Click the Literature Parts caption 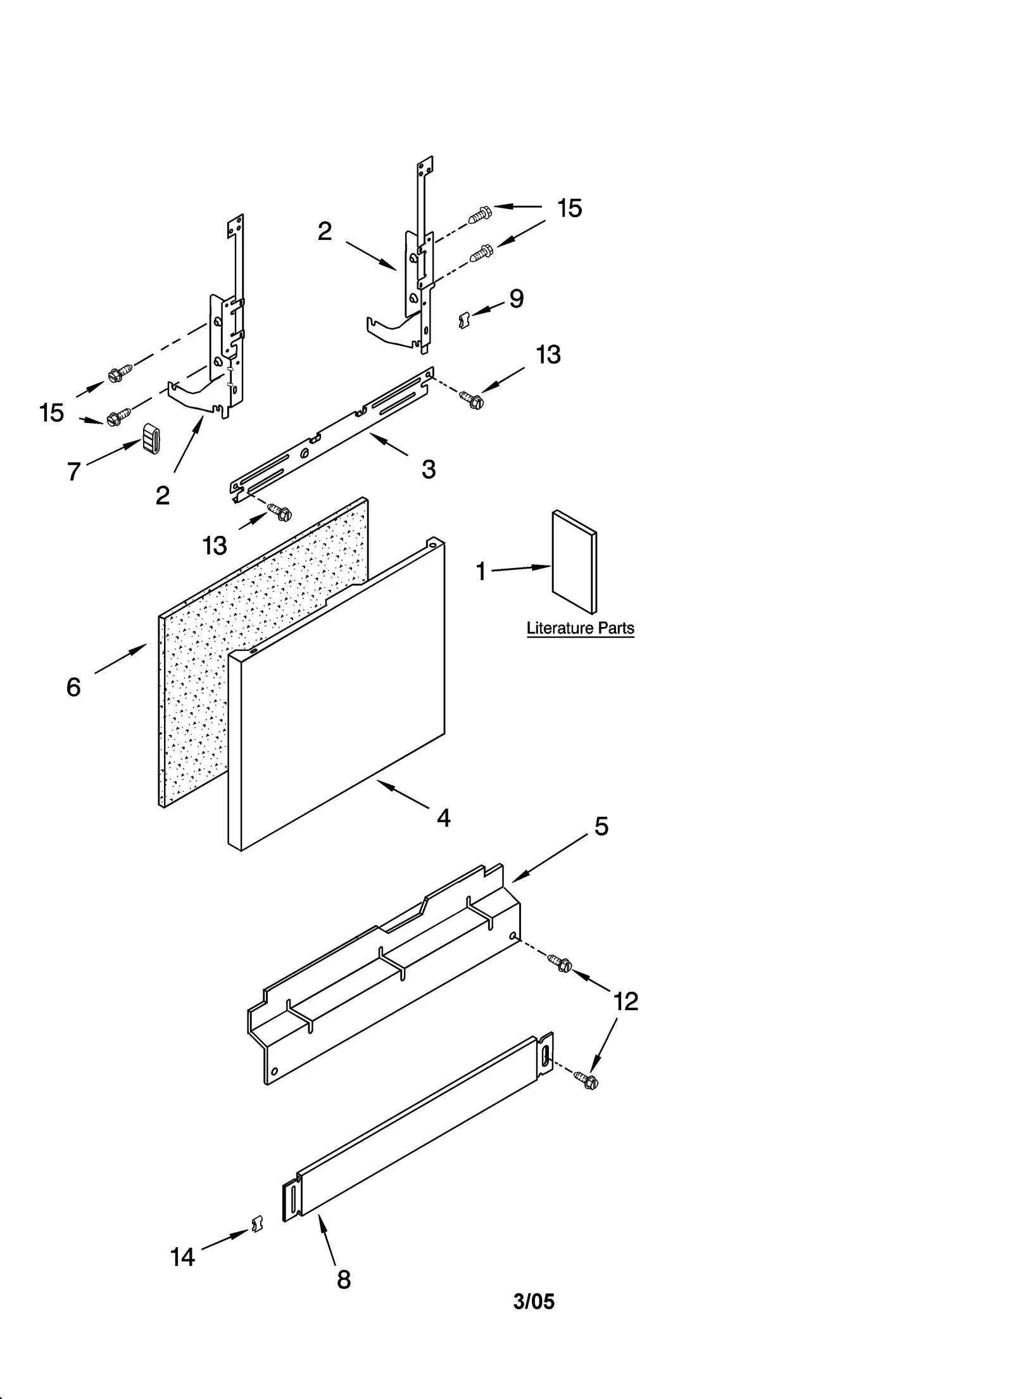pyautogui.click(x=580, y=628)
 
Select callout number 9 pyautogui.click(x=517, y=299)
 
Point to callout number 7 pyautogui.click(x=74, y=471)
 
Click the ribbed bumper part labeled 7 pyautogui.click(x=151, y=438)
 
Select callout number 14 pyautogui.click(x=182, y=1257)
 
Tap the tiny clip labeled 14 pyautogui.click(x=257, y=1225)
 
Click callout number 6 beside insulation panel pyautogui.click(x=73, y=687)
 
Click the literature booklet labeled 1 pyautogui.click(x=574, y=562)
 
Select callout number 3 pyautogui.click(x=429, y=469)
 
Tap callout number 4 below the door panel pyautogui.click(x=444, y=818)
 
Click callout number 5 pyautogui.click(x=601, y=826)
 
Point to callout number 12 pyautogui.click(x=626, y=1001)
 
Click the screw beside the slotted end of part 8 pyautogui.click(x=587, y=1080)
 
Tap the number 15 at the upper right pyautogui.click(x=569, y=209)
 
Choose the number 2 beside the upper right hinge pyautogui.click(x=325, y=232)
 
